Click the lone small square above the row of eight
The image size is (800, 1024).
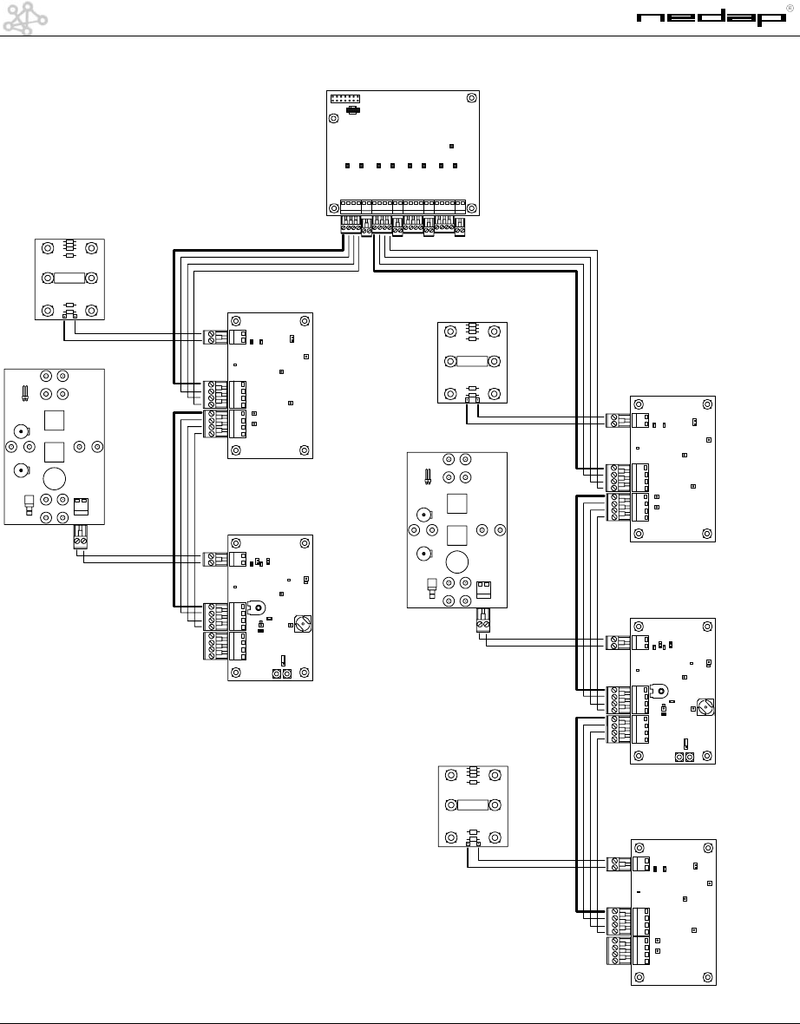[x=452, y=146]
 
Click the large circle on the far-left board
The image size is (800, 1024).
[x=56, y=477]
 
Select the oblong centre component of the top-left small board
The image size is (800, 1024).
[x=69, y=279]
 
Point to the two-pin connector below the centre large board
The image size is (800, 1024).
[x=483, y=622]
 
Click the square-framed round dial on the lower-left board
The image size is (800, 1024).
[x=302, y=622]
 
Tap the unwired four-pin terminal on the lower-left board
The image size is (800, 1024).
[x=213, y=647]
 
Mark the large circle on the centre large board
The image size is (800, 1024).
[x=458, y=561]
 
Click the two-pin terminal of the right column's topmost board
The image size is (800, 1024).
[x=617, y=421]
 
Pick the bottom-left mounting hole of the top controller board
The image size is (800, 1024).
[x=335, y=208]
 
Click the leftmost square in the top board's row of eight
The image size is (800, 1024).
[x=346, y=165]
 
